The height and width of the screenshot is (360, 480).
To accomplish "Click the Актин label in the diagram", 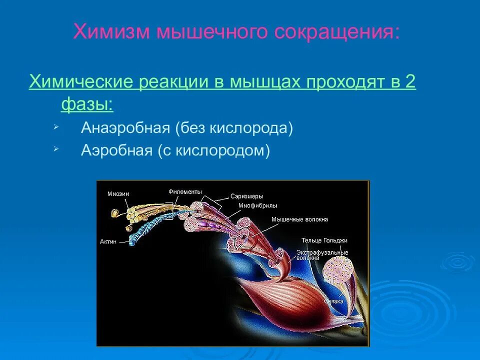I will (108, 241).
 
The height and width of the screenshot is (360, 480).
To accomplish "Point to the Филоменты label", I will (185, 191).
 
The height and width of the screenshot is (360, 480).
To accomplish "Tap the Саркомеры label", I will (247, 196).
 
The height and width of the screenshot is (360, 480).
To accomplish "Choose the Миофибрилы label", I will (257, 205).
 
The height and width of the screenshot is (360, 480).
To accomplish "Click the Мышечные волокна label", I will (299, 219).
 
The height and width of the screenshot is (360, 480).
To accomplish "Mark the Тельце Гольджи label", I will (324, 240).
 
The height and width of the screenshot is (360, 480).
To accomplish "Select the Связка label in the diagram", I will (333, 301).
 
